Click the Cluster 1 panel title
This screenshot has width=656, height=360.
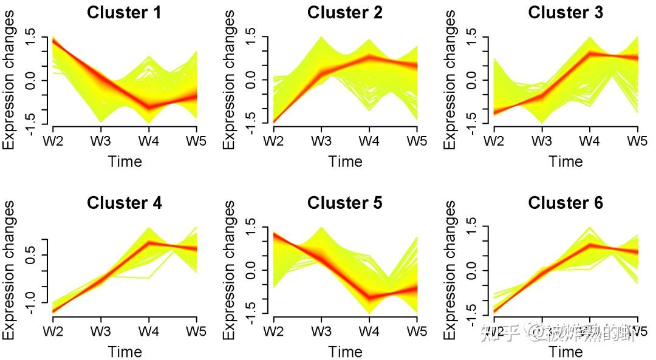(x=125, y=13)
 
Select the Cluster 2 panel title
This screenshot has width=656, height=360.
(x=345, y=13)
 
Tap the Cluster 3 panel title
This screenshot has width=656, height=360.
(x=565, y=13)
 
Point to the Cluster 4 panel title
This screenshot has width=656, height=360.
(x=125, y=203)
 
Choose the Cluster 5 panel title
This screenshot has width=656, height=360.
(x=345, y=203)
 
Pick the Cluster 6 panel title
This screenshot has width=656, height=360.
(x=565, y=203)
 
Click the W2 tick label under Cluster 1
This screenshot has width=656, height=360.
(x=53, y=141)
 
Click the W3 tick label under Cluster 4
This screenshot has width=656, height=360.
(x=101, y=331)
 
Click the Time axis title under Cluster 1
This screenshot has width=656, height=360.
(x=125, y=161)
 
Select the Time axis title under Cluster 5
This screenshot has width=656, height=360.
(x=345, y=352)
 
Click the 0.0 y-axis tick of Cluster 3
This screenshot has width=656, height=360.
(x=471, y=80)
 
